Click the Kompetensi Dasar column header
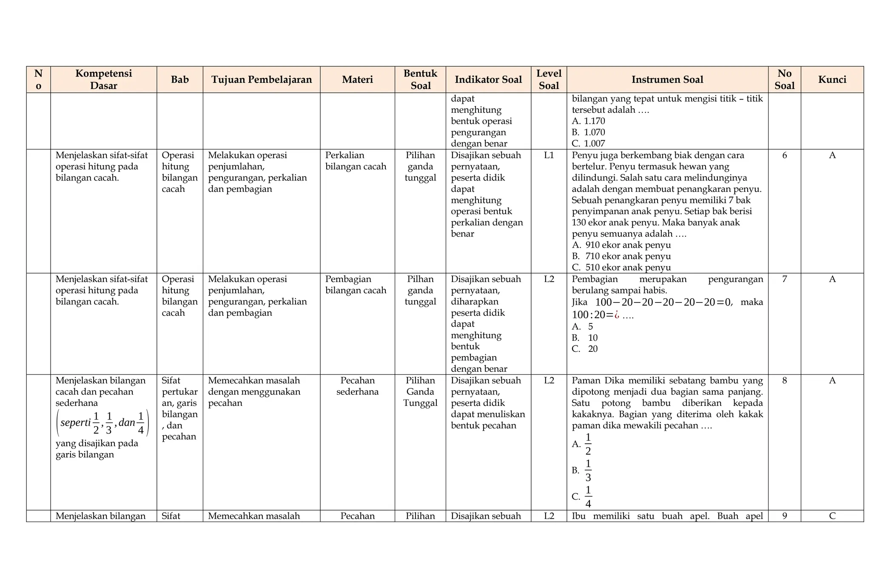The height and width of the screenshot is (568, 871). pyautogui.click(x=103, y=80)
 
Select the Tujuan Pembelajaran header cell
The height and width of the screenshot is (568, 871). pyautogui.click(x=261, y=80)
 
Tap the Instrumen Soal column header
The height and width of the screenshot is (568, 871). pyautogui.click(x=667, y=80)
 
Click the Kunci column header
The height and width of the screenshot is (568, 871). pyautogui.click(x=832, y=80)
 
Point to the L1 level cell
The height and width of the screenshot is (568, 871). pyautogui.click(x=549, y=155)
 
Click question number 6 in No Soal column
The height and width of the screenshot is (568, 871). pyautogui.click(x=784, y=155)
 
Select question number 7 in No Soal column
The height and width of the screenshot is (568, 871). pyautogui.click(x=784, y=279)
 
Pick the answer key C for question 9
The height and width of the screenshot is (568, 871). pyautogui.click(x=832, y=516)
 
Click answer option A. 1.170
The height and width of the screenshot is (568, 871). pyautogui.click(x=589, y=121)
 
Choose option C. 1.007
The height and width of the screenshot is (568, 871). pyautogui.click(x=589, y=143)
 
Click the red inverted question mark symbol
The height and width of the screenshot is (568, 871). pyautogui.click(x=617, y=315)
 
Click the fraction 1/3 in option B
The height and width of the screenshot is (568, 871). pyautogui.click(x=588, y=470)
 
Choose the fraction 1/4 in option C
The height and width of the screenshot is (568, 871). pyautogui.click(x=588, y=497)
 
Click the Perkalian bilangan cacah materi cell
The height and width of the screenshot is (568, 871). pyautogui.click(x=356, y=161)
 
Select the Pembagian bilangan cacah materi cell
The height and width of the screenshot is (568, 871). pyautogui.click(x=356, y=285)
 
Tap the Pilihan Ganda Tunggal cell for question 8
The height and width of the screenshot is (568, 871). pyautogui.click(x=420, y=391)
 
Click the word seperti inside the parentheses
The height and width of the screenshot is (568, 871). pyautogui.click(x=75, y=422)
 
